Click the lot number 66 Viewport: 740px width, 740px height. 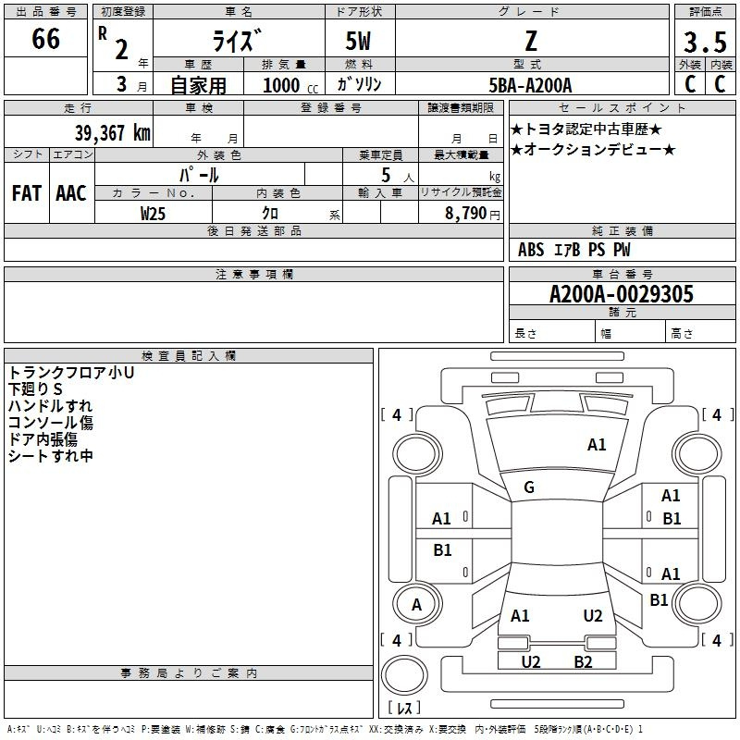point(45,39)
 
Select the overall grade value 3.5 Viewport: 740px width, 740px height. point(705,42)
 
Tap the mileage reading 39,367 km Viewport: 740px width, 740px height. point(112,132)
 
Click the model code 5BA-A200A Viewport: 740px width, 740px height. point(530,85)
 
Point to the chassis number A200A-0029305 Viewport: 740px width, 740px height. point(622,294)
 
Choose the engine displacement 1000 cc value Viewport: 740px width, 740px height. point(290,85)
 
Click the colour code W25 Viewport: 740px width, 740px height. point(153,214)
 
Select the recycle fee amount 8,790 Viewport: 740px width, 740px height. point(466,213)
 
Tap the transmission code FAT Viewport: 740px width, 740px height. point(27,193)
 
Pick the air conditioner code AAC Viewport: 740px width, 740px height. point(71,193)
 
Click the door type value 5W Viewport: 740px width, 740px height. point(358,41)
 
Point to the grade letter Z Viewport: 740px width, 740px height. point(531,42)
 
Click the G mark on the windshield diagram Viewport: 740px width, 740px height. point(529,487)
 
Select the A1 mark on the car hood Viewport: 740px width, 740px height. point(597,445)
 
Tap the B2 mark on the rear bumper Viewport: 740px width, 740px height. point(584,662)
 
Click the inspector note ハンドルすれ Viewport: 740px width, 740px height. point(50,406)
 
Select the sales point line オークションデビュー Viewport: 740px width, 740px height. point(593,150)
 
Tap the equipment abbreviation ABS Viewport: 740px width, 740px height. point(531,250)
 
